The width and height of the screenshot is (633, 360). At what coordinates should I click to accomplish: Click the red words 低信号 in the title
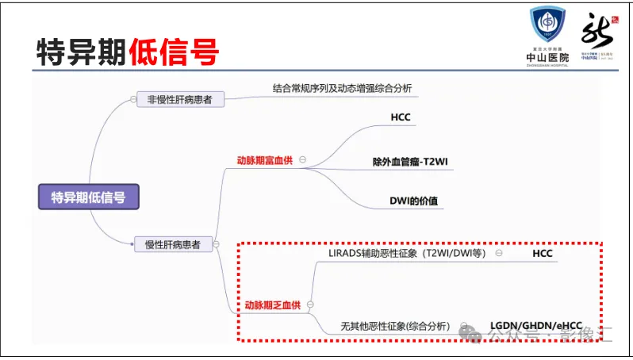(174, 52)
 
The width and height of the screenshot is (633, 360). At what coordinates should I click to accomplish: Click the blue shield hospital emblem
(547, 26)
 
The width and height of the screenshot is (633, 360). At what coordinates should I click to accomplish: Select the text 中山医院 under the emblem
(547, 57)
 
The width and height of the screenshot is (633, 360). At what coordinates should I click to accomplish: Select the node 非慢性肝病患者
(180, 100)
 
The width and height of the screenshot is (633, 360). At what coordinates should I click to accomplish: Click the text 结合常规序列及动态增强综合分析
(342, 87)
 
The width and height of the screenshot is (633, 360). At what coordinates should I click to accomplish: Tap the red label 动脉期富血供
(264, 160)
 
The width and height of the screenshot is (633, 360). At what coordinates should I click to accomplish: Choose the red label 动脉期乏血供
(270, 304)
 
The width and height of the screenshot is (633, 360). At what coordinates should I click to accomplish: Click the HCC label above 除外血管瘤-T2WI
(401, 118)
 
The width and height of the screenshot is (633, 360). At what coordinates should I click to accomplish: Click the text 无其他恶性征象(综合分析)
(395, 326)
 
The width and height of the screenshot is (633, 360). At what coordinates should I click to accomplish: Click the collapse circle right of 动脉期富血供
(303, 160)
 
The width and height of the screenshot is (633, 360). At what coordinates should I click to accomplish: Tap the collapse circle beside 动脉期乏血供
(310, 304)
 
